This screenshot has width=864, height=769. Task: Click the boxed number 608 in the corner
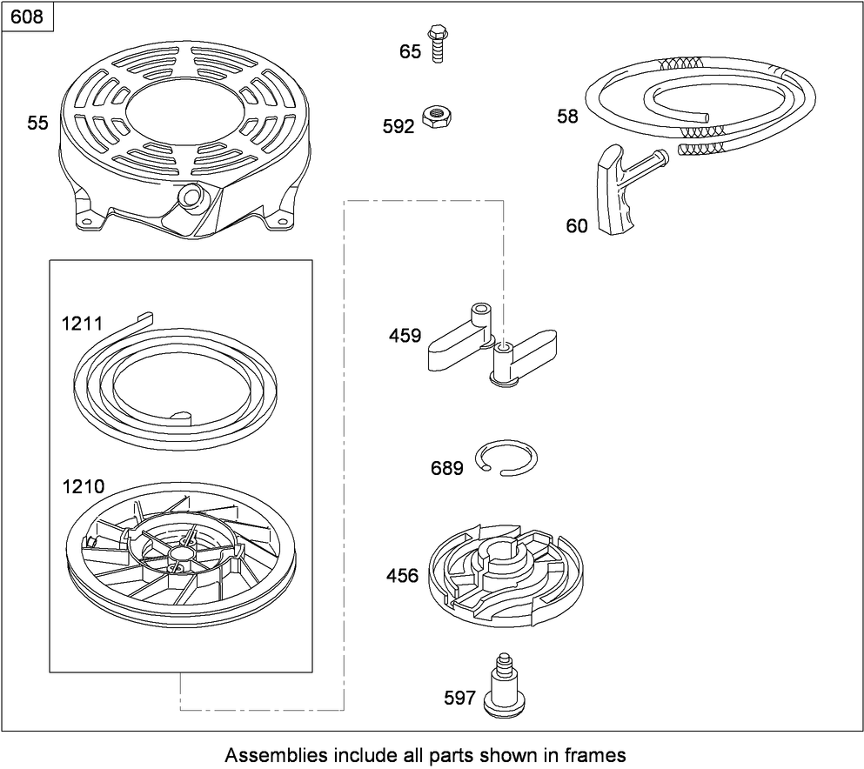tap(26, 17)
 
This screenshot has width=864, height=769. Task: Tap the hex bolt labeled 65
tap(437, 43)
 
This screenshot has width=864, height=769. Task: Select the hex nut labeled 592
tap(437, 117)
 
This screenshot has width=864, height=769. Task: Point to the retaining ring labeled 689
tap(506, 458)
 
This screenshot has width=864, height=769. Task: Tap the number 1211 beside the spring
tap(82, 324)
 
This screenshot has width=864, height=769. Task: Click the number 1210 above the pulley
tap(83, 486)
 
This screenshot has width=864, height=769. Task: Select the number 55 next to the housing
tap(38, 123)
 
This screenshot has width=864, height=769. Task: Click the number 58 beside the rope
tap(567, 117)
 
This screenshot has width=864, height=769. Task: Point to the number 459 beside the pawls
tap(405, 336)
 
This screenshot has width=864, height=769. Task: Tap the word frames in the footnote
tap(597, 755)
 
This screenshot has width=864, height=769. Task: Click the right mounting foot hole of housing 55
tap(284, 223)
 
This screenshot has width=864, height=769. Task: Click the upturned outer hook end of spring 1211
tap(144, 318)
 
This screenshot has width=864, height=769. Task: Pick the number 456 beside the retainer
tap(402, 576)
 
